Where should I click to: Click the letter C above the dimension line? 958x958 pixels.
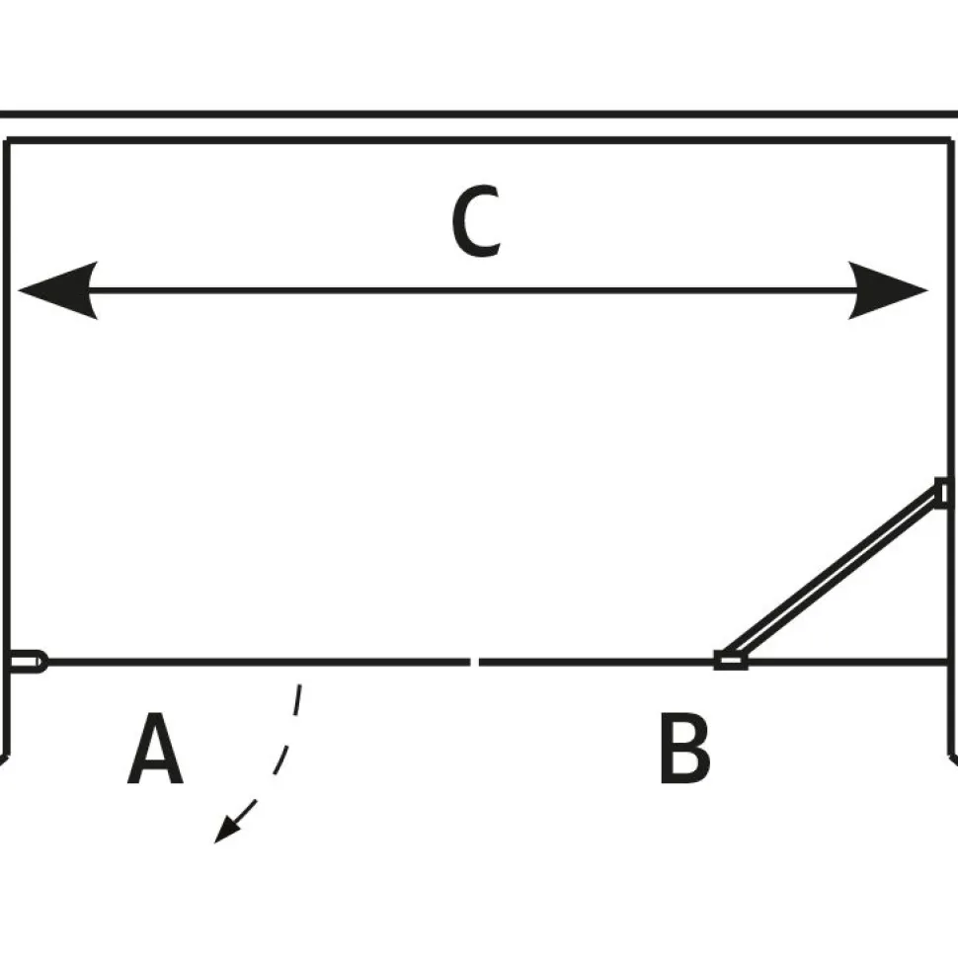pos(477,220)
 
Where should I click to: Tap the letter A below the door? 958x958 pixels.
pos(155,748)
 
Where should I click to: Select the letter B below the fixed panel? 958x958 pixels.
pos(684,748)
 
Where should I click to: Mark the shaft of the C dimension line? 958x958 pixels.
pos(473,290)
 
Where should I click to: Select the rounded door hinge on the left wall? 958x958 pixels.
pos(28,662)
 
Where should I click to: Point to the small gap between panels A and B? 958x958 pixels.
pos(475,662)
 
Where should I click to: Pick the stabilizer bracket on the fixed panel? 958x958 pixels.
pos(731,661)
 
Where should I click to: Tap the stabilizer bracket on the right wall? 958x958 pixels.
pos(943,493)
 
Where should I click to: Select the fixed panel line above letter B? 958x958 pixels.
pos(712,662)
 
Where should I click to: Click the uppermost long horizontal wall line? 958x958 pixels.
pos(479,115)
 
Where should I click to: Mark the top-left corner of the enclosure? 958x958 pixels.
pos(6,140)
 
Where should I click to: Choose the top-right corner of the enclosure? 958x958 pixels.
pos(951,140)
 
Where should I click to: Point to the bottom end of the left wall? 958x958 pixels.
pos(6,758)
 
